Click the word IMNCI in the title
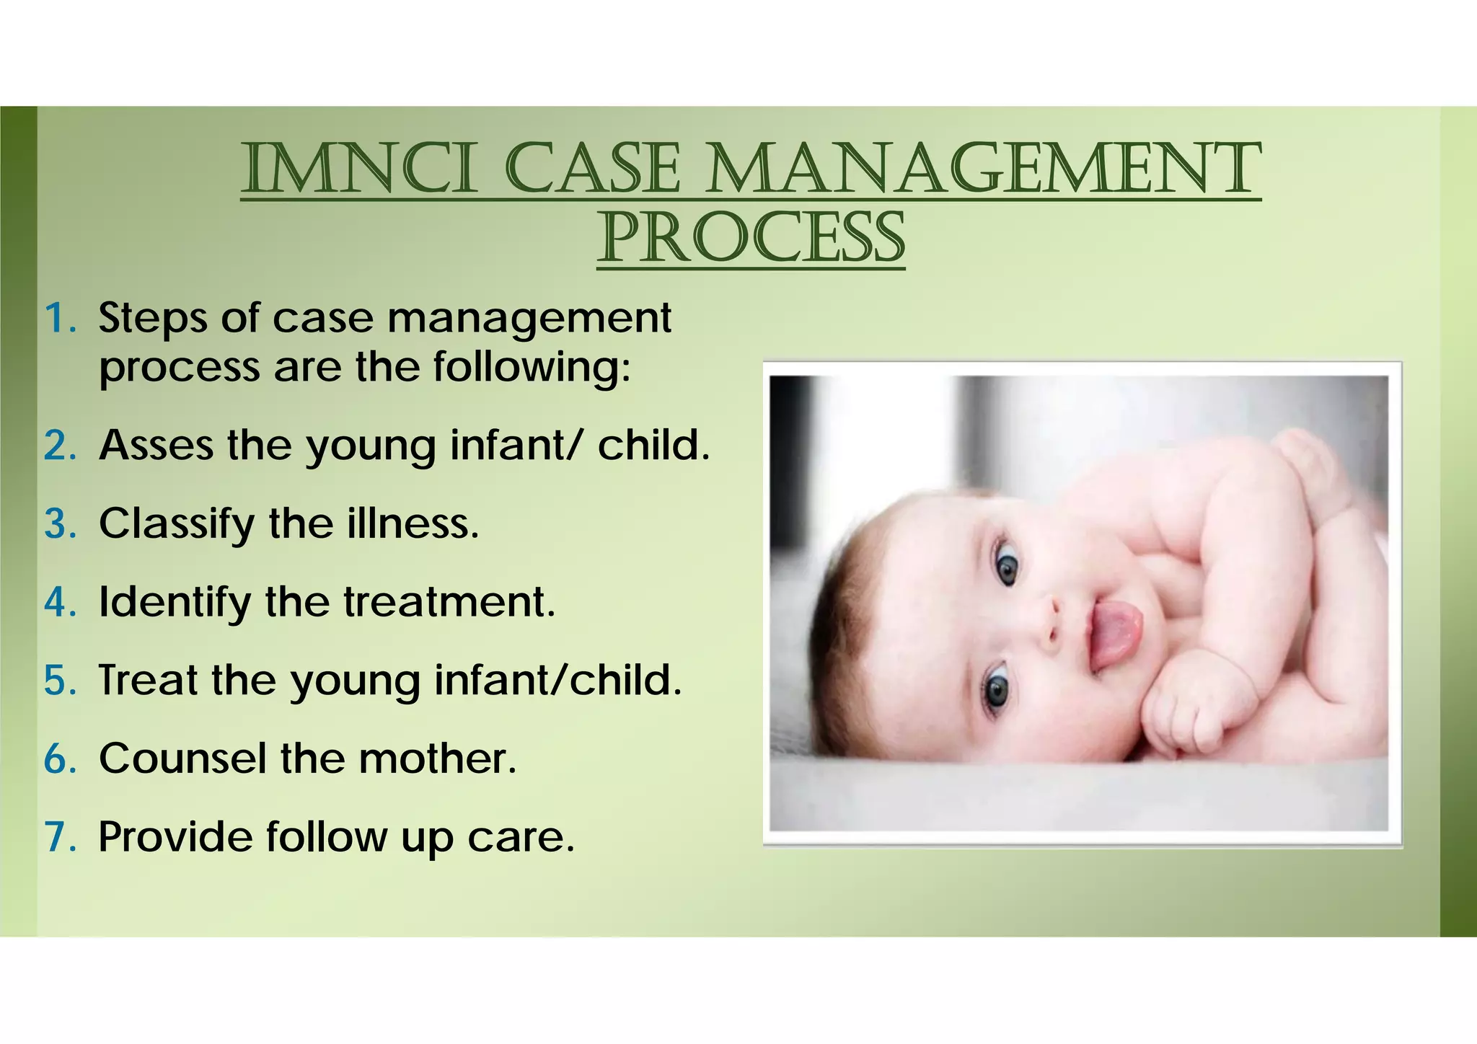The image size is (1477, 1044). [359, 169]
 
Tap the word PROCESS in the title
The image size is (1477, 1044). [751, 239]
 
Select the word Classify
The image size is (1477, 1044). [176, 524]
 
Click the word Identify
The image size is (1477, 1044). [174, 602]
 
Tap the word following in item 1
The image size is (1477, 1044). [531, 368]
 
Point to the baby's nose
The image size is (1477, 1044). [1049, 621]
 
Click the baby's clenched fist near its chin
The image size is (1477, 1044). [1183, 717]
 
